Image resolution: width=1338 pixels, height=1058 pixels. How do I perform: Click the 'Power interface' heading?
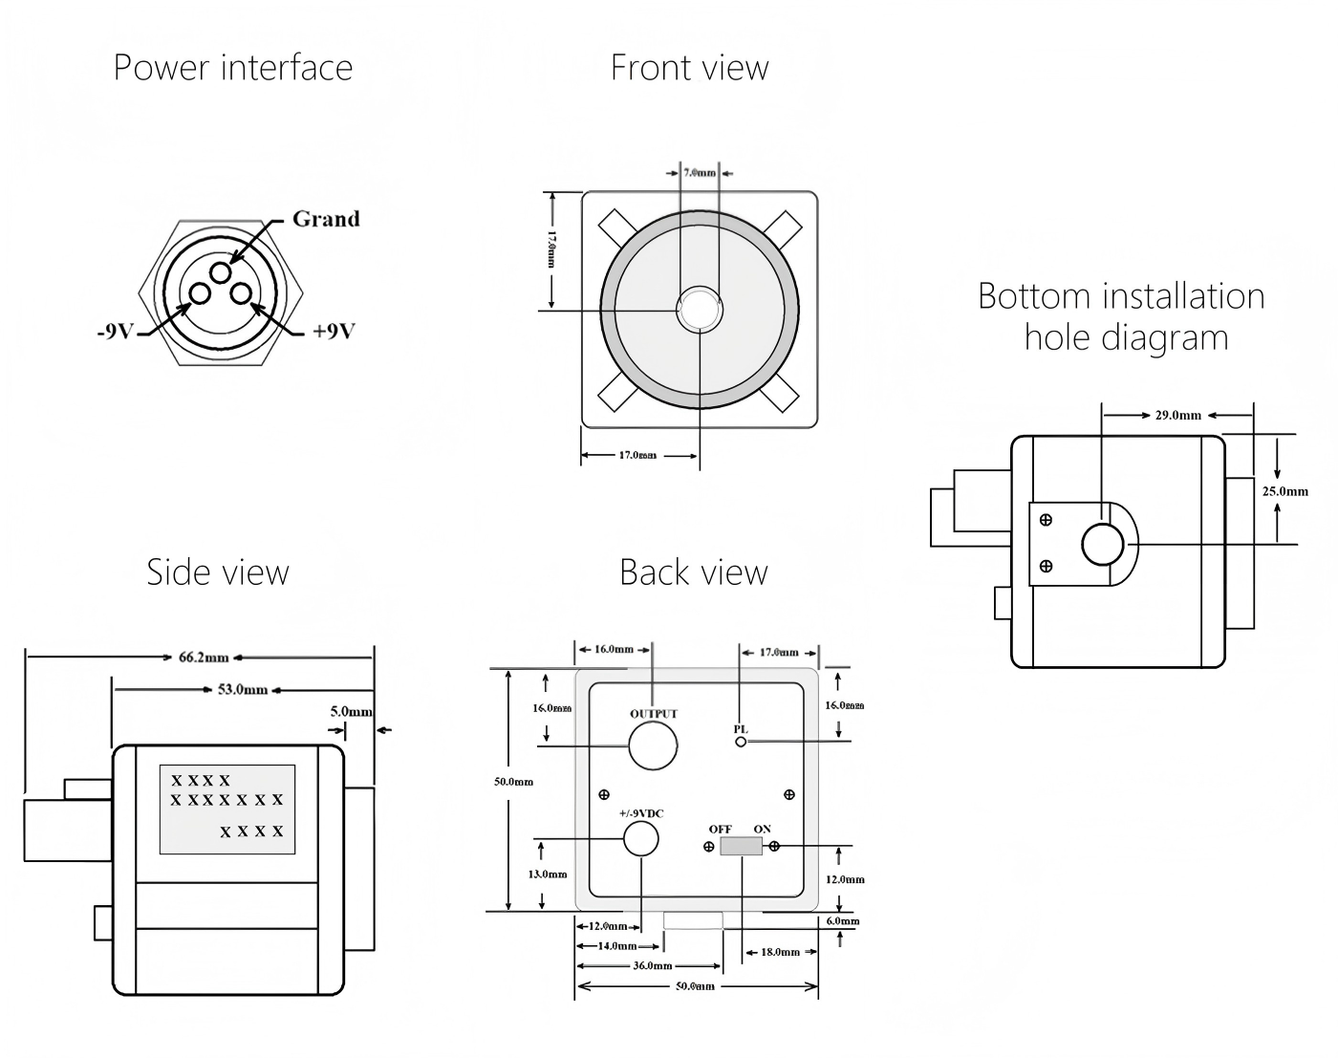[x=233, y=68]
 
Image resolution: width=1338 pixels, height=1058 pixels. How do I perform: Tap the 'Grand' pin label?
[x=326, y=219]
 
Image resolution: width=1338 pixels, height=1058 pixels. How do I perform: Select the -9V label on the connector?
[x=114, y=332]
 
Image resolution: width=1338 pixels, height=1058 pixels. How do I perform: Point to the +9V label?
[x=334, y=332]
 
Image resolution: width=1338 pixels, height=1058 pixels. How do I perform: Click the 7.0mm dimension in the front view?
[x=700, y=173]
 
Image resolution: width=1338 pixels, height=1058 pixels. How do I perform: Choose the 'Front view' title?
[x=689, y=68]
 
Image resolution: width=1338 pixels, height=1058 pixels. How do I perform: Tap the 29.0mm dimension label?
[x=1177, y=416]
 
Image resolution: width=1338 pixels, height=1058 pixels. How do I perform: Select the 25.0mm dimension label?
[x=1284, y=491]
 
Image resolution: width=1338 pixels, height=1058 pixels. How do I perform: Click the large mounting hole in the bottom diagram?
[x=1103, y=545]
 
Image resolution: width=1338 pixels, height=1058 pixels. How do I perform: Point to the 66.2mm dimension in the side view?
[x=204, y=658]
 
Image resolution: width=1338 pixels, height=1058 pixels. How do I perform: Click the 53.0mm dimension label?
[x=243, y=689]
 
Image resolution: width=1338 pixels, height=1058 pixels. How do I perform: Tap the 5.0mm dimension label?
[x=351, y=712]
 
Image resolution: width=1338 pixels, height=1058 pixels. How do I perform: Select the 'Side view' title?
[x=218, y=572]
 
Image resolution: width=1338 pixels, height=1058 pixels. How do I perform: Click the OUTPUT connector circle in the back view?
[x=653, y=745]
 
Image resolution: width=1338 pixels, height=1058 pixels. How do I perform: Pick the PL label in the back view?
[x=741, y=729]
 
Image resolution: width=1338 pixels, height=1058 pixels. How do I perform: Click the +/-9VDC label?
[x=641, y=813]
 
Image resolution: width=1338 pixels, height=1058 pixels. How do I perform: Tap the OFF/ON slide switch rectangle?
[x=741, y=846]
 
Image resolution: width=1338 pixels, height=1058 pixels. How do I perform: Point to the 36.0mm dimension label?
[x=652, y=965]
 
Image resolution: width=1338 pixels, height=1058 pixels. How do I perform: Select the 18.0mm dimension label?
[x=781, y=952]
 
